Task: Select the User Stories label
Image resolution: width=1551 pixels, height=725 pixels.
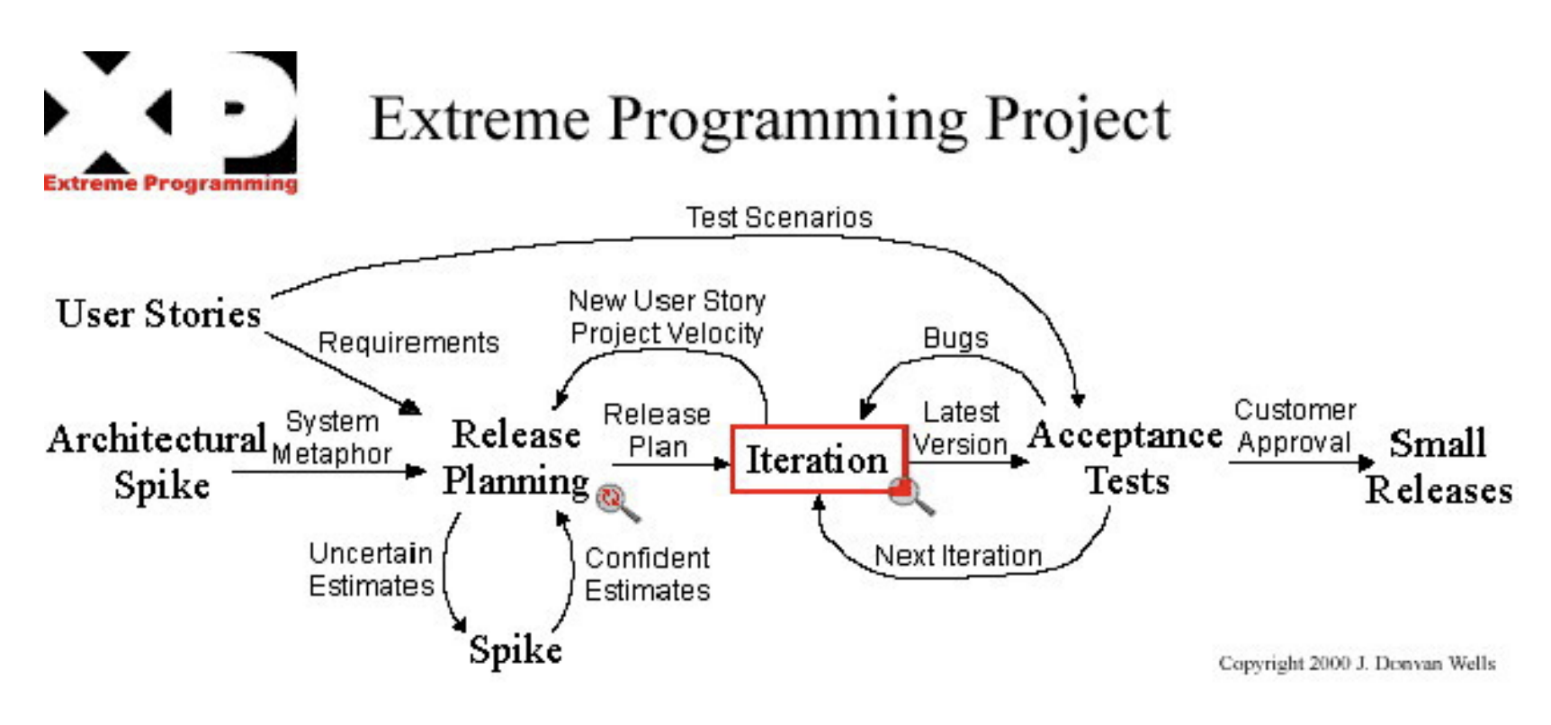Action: pos(158,314)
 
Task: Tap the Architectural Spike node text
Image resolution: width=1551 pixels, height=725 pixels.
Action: pos(158,461)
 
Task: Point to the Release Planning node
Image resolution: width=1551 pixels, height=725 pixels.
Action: pos(516,458)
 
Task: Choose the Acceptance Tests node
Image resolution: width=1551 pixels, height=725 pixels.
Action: pos(1125,458)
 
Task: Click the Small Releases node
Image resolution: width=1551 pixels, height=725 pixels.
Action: pos(1439,467)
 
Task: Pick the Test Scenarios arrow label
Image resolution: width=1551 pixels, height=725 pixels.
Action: pos(779,218)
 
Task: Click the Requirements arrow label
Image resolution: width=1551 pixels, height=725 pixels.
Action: pos(408,343)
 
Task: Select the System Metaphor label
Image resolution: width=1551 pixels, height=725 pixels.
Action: pos(332,437)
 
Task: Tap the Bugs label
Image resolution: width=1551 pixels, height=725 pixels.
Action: pos(955,338)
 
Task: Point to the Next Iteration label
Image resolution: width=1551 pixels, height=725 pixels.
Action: pos(958,556)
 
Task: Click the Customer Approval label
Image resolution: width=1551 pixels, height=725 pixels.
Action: pos(1295,426)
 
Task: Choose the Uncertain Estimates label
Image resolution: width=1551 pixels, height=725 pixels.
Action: pos(371,569)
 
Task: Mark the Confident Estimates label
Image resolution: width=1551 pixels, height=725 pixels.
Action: pos(648,574)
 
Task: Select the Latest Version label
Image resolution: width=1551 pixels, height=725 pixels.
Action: pos(960,428)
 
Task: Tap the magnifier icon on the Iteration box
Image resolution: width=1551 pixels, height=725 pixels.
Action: pos(909,495)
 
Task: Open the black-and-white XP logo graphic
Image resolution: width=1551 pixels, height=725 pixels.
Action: pos(170,112)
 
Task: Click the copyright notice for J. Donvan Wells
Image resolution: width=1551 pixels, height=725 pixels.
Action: pos(1357,663)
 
